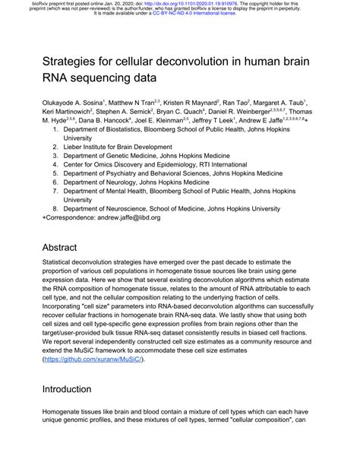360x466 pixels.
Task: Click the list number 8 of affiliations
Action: point(55,208)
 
